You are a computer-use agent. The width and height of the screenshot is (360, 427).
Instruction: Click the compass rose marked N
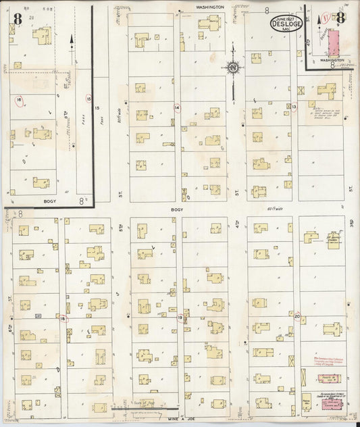[232, 68]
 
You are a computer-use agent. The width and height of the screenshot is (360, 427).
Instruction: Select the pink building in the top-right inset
[334, 41]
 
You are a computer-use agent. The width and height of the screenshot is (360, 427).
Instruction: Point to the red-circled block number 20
[297, 316]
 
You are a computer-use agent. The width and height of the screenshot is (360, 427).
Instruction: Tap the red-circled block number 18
[63, 318]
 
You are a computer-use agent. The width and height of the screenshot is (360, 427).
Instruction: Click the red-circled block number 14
[178, 107]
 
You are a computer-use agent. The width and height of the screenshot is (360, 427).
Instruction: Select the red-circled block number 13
[294, 106]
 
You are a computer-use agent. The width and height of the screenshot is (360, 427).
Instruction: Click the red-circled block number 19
[180, 316]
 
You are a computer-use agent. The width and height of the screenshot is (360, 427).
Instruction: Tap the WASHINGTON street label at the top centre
[210, 6]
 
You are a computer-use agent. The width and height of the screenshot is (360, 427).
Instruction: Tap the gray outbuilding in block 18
[38, 316]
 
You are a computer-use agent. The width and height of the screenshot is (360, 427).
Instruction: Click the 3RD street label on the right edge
[353, 221]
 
